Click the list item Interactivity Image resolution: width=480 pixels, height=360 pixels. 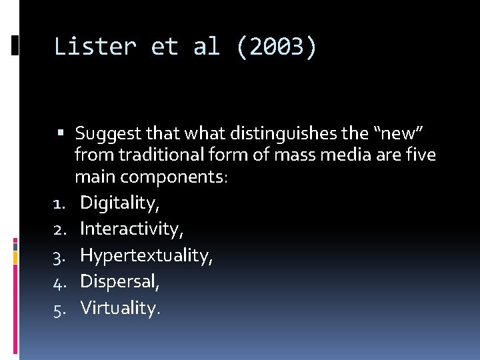coord(131,229)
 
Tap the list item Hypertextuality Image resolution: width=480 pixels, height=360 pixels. coord(146,255)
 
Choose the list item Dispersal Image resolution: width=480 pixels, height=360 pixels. coord(120,281)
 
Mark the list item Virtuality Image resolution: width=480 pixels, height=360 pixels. coord(120,307)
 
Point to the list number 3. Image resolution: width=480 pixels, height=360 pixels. coord(58,256)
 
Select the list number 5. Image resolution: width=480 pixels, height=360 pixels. coord(58,308)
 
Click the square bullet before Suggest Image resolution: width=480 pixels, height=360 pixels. coord(61,134)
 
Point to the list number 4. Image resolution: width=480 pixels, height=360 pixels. coord(58,282)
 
